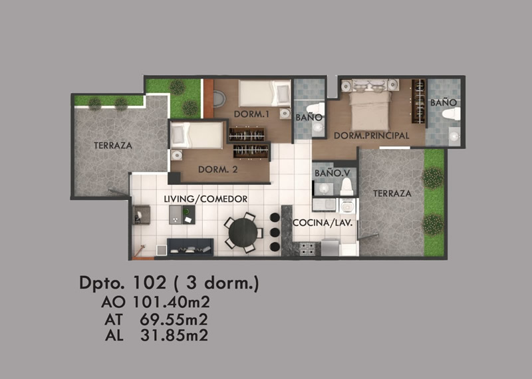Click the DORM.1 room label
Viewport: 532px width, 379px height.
pyautogui.click(x=252, y=114)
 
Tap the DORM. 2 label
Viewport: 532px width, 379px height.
pyautogui.click(x=218, y=170)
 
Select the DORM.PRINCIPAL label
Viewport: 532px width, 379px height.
pyautogui.click(x=372, y=136)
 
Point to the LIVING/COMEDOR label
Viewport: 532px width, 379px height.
pyautogui.click(x=205, y=199)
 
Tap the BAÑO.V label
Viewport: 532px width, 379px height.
pyautogui.click(x=332, y=173)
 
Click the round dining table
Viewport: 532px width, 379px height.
pyautogui.click(x=243, y=233)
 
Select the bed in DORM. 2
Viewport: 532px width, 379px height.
pyautogui.click(x=197, y=135)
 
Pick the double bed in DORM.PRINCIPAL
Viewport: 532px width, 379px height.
pyautogui.click(x=370, y=107)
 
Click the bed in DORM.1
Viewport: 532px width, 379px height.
pyautogui.click(x=264, y=93)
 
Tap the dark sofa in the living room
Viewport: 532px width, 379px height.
pyautogui.click(x=190, y=247)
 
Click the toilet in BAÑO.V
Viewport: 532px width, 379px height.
pyautogui.click(x=346, y=187)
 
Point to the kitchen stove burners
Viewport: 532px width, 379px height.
pyautogui.click(x=307, y=249)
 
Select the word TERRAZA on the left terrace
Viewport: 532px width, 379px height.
pyautogui.click(x=113, y=146)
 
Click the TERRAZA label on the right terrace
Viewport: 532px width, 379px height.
pyautogui.click(x=392, y=193)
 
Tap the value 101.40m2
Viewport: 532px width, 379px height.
pyautogui.click(x=171, y=302)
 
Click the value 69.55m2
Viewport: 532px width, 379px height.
pyautogui.click(x=174, y=319)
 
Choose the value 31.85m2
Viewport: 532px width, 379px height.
pyautogui.click(x=174, y=335)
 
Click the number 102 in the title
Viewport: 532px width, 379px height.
pyautogui.click(x=150, y=283)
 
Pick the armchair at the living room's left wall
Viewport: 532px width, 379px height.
pyautogui.click(x=142, y=215)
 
